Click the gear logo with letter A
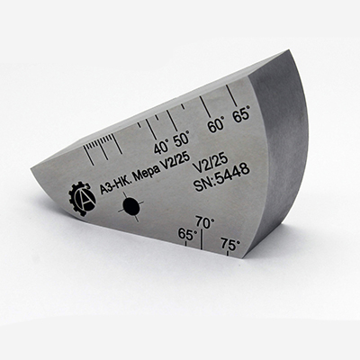(x=82, y=199)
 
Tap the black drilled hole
(x=130, y=206)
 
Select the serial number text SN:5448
(x=222, y=178)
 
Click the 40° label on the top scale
(x=161, y=147)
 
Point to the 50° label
(x=182, y=139)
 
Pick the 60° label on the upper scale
(x=216, y=125)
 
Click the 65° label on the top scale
(x=241, y=115)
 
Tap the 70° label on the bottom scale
(x=205, y=222)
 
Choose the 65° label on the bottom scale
(x=187, y=234)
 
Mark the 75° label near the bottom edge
(x=230, y=244)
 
